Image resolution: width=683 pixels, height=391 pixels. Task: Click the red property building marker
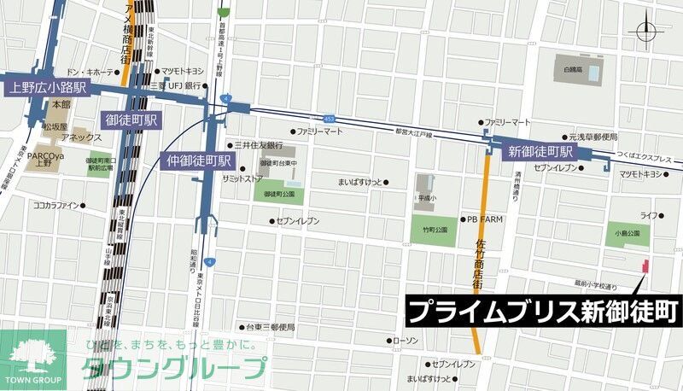[x=645, y=267]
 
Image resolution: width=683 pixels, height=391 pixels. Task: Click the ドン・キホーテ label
[x=88, y=73]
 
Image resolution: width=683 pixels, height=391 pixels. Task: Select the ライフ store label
[x=649, y=216]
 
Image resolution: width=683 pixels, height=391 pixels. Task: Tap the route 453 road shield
[x=329, y=118]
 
